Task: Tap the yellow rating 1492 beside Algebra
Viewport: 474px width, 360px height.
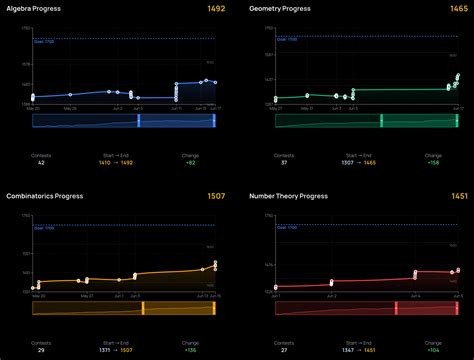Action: [x=217, y=8]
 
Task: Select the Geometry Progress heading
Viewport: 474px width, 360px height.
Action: [x=279, y=8]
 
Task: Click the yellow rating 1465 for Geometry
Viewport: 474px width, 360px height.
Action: [x=457, y=8]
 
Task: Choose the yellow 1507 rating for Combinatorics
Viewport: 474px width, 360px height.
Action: [x=217, y=196]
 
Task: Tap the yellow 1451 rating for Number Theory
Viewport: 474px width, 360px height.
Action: [x=457, y=196]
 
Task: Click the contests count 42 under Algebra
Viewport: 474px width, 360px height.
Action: [x=41, y=163]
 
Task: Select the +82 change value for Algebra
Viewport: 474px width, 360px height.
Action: [x=190, y=163]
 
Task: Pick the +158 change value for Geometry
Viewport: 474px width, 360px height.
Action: [x=433, y=163]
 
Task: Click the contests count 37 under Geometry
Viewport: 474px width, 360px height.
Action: [x=284, y=163]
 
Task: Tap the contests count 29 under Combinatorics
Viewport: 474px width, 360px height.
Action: [x=41, y=351]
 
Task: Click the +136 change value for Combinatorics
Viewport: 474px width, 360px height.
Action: [x=190, y=351]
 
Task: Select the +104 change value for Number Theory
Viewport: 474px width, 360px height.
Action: [x=433, y=351]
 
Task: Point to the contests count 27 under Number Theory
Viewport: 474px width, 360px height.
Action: [x=284, y=351]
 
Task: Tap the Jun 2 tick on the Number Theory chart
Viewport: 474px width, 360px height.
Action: [x=333, y=296]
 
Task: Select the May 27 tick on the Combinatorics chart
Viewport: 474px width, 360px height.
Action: [x=86, y=296]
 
